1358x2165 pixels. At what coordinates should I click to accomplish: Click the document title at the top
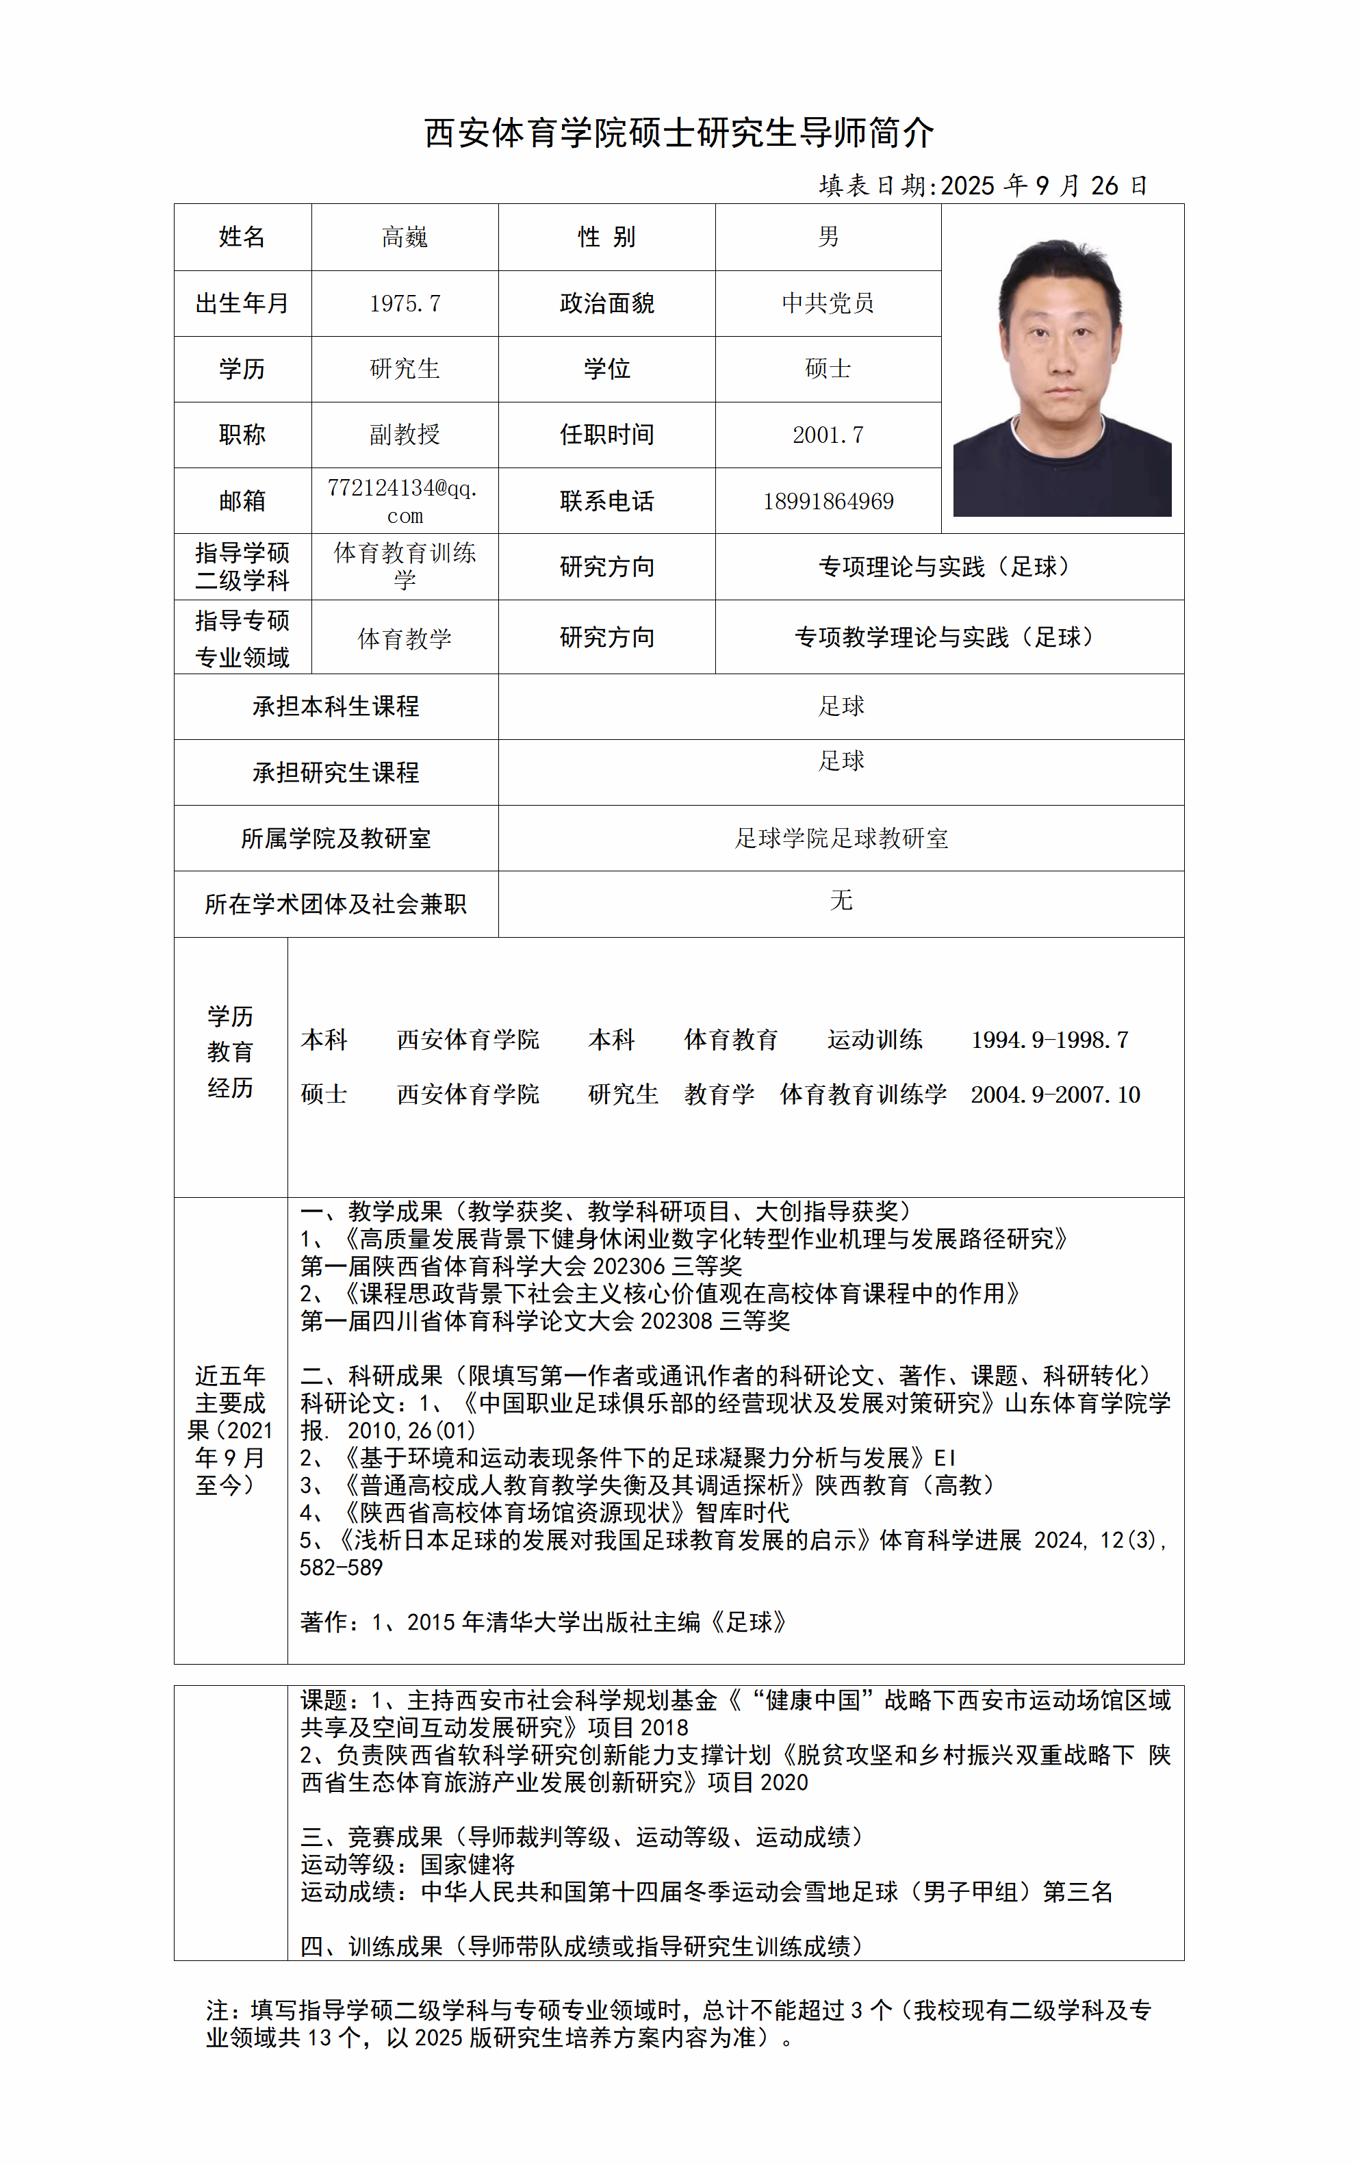click(679, 133)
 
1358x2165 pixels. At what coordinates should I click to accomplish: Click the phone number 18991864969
click(828, 501)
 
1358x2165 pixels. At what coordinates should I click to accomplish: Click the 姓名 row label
click(242, 237)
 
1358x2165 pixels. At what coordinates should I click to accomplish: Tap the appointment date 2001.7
click(828, 435)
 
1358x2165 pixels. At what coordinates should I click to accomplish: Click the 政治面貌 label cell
click(606, 303)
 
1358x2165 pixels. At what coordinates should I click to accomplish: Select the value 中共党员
click(828, 303)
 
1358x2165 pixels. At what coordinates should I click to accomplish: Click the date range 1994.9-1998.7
click(1049, 1040)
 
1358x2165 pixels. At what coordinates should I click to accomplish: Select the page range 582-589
click(342, 1568)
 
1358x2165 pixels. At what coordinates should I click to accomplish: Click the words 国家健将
click(467, 1865)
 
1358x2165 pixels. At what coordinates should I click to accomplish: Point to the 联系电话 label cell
click(606, 501)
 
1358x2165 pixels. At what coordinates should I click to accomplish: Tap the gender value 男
click(828, 237)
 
